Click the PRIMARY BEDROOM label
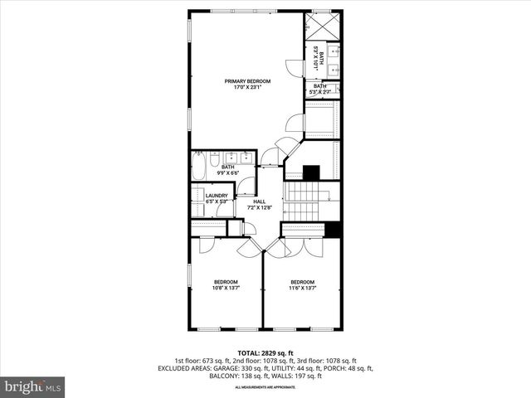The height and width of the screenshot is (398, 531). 246,81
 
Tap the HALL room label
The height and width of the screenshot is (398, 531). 259,201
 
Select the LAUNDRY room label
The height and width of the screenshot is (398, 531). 217,196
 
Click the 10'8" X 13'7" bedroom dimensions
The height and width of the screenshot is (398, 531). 226,288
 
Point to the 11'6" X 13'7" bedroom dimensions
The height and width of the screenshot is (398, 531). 302,288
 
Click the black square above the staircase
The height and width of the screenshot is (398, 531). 311,173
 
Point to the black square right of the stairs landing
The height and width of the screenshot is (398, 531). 334,231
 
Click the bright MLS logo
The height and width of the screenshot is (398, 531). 33,386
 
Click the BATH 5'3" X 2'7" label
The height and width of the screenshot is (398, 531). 320,89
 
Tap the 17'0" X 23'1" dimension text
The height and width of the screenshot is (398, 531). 246,87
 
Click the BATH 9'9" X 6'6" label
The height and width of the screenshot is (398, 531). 227,170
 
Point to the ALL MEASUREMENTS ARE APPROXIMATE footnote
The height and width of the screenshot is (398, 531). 265,387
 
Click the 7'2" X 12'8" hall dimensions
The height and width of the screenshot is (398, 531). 259,207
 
